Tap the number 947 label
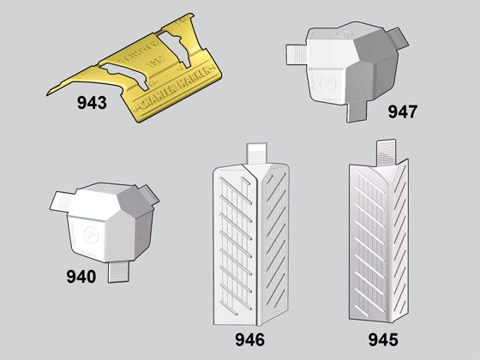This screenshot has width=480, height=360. (x=403, y=111)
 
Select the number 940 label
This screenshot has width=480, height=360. (x=82, y=276)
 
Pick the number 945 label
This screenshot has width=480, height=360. (x=383, y=339)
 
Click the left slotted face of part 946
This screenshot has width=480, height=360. (x=237, y=240)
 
